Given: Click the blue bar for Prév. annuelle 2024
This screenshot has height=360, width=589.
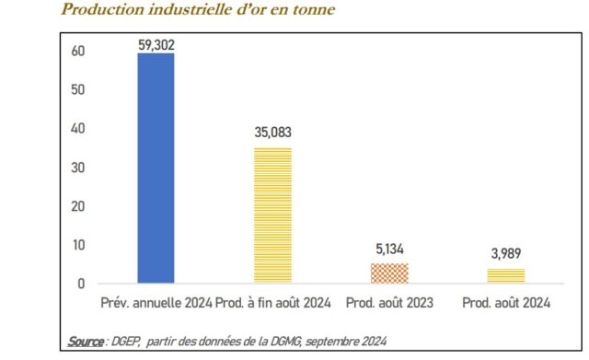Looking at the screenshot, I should (156, 168).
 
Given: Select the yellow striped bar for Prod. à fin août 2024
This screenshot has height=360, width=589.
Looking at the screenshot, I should (272, 215).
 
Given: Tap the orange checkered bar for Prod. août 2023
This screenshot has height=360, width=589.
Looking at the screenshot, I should (389, 273).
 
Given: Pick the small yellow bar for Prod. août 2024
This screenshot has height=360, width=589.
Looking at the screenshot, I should (506, 275).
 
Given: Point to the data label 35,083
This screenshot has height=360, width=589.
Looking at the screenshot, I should (272, 134).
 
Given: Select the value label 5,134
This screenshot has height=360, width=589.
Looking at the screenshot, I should (389, 250).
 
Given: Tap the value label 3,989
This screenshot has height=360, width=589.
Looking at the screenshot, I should (506, 254).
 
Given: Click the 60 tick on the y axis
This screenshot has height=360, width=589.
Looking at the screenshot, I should (79, 52).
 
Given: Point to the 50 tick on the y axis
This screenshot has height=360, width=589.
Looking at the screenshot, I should (79, 90).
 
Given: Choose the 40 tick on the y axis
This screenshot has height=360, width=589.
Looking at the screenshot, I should (79, 129).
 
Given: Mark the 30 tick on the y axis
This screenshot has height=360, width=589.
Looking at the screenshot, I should (79, 168).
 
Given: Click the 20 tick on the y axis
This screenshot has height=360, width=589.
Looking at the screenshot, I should (79, 206).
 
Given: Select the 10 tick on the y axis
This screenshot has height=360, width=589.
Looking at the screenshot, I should (79, 245).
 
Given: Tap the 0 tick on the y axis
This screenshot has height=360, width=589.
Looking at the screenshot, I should (82, 284).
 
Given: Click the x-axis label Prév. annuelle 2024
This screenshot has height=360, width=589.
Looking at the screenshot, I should (156, 303).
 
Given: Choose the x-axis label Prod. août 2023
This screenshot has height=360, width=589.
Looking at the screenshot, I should (389, 303).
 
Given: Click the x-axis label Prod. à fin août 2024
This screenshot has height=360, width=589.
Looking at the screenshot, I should (272, 303).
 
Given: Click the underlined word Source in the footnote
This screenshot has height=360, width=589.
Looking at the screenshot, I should (87, 342).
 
